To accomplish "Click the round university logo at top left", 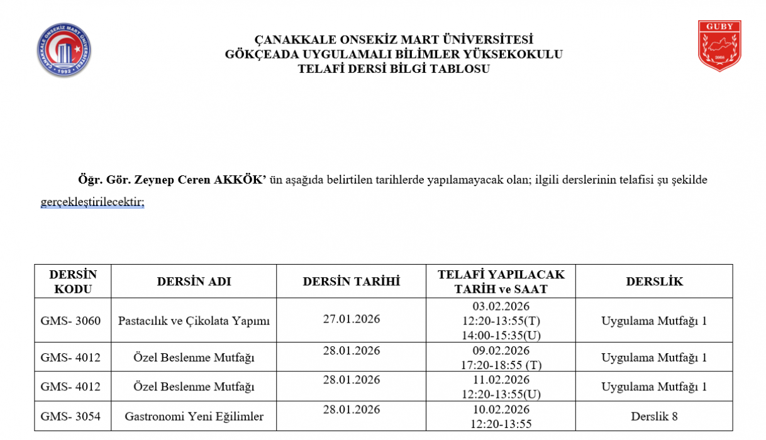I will click(x=65, y=51).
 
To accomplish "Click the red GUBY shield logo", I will click(x=719, y=45).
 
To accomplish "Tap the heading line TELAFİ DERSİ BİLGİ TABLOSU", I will click(x=394, y=69).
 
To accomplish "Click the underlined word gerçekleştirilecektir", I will click(x=92, y=202).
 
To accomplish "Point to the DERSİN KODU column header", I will click(x=73, y=282).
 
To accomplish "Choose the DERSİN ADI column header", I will click(x=194, y=282).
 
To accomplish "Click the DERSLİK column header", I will click(x=654, y=282).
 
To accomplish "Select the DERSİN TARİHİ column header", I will click(x=351, y=282).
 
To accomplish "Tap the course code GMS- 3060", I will click(x=70, y=321).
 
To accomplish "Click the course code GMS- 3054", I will click(x=70, y=416).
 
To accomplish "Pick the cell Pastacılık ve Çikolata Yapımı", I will click(x=194, y=321).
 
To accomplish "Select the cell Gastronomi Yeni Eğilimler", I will click(x=194, y=416).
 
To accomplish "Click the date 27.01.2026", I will click(x=351, y=319).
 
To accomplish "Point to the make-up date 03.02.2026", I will click(x=501, y=306).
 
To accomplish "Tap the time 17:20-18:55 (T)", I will click(x=501, y=364).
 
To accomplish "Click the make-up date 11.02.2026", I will click(x=501, y=380).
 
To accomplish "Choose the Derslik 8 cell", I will click(x=654, y=416).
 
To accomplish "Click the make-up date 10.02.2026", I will click(x=501, y=409).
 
